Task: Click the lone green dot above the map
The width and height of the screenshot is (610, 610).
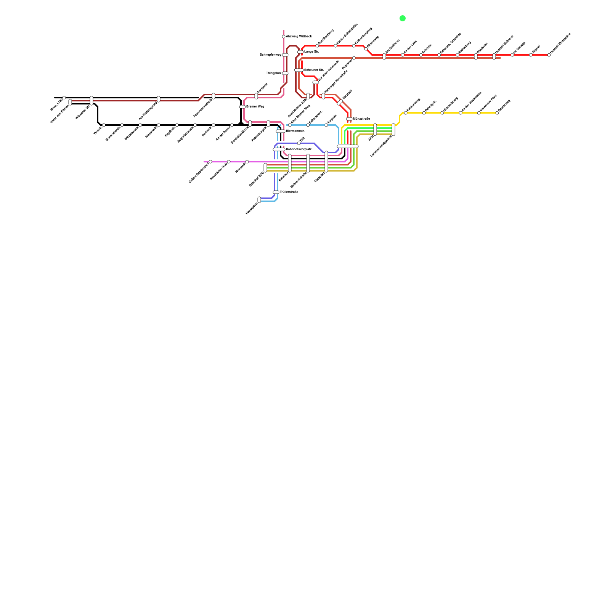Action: point(402,18)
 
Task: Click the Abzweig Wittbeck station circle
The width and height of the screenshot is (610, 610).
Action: point(284,37)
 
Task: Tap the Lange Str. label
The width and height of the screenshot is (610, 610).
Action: point(311,51)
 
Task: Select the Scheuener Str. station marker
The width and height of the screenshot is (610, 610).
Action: point(299,70)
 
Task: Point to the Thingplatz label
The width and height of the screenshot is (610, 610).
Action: point(274,73)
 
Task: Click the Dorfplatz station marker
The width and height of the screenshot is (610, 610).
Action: point(256,96)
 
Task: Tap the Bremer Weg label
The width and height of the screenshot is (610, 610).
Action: point(255,106)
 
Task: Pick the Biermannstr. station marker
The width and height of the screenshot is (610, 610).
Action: point(281,131)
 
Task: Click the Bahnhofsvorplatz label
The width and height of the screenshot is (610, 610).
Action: point(299,149)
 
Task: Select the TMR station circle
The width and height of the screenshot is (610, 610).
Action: point(299,143)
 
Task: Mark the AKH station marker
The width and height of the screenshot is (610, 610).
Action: point(375,130)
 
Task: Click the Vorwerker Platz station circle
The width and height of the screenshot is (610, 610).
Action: point(479,113)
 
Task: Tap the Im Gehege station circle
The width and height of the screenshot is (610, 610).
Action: point(512,55)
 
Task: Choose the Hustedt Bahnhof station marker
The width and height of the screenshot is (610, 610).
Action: point(494,56)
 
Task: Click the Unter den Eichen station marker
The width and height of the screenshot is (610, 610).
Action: point(70,102)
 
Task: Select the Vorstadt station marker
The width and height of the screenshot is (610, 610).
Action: point(340,102)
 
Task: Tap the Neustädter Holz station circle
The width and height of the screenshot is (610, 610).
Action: point(229,162)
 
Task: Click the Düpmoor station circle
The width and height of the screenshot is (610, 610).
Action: point(354,58)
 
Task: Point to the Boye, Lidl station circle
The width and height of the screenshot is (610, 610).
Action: point(64,98)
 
